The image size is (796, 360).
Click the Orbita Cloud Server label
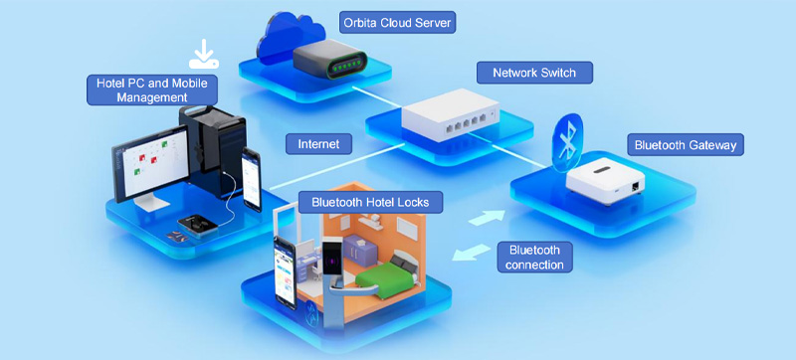tap(397, 23)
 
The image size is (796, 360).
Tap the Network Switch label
tap(534, 73)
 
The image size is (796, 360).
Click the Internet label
tap(318, 143)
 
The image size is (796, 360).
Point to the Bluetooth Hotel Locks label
tap(370, 202)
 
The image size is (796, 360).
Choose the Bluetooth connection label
tap(534, 257)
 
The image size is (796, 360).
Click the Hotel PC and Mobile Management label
tap(152, 90)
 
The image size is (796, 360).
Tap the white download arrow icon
tap(204, 54)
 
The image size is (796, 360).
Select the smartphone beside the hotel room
tap(285, 271)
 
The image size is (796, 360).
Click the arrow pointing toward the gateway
tap(486, 218)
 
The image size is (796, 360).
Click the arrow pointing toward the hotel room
tap(471, 252)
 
